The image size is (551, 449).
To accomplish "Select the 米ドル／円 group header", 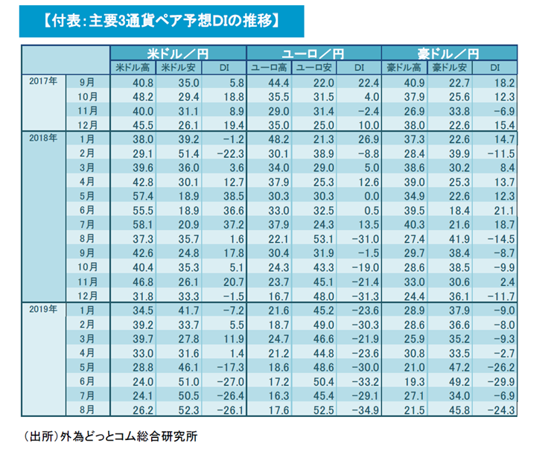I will (179, 54).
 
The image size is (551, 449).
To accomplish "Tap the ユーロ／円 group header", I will (314, 54).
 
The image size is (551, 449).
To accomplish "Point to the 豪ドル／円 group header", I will (449, 54).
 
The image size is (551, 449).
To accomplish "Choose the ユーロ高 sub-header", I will (269, 68).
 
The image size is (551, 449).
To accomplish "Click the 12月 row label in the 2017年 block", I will (88, 124).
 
